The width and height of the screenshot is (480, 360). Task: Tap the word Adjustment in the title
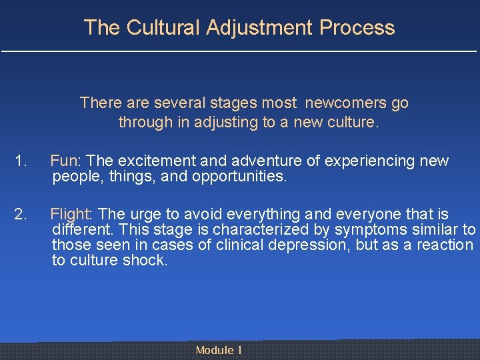(x=260, y=27)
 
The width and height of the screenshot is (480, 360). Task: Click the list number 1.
(x=21, y=161)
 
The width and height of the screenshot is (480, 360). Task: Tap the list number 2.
(x=21, y=214)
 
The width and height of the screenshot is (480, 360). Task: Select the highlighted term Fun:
(x=65, y=161)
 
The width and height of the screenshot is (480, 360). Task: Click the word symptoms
(x=367, y=230)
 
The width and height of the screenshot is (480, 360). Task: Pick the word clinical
(x=237, y=245)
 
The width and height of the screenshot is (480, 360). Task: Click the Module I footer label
(x=219, y=351)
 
